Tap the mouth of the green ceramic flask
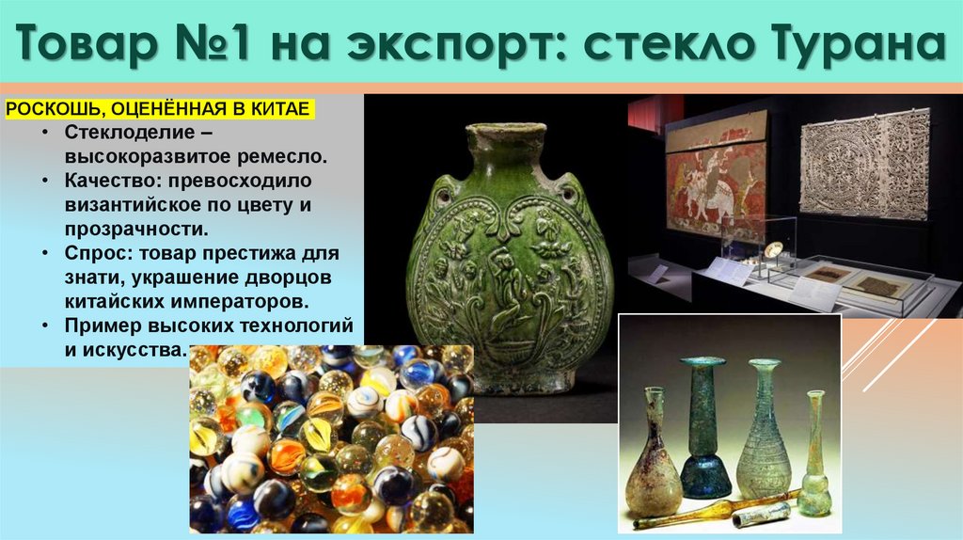point(506,133)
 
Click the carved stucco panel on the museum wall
point(863,166)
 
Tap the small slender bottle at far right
point(814,452)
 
